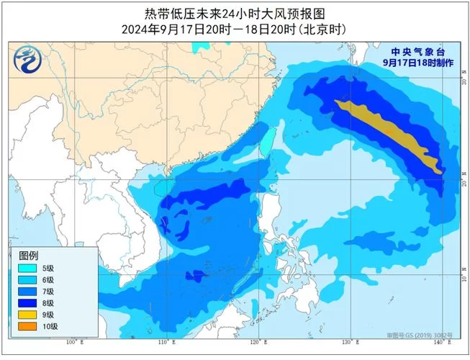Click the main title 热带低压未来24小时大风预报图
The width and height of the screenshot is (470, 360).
point(235,13)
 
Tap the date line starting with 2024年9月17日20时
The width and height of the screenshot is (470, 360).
point(235,29)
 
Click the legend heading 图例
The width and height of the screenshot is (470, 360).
point(29,257)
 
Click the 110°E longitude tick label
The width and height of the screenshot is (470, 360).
point(164,343)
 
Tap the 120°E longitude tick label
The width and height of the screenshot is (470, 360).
point(256,343)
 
